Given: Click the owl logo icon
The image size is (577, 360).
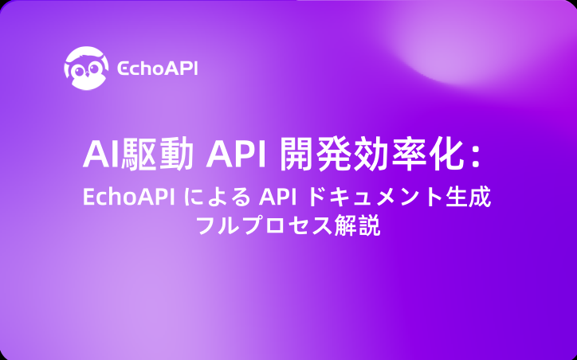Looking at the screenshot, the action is pos(86,68).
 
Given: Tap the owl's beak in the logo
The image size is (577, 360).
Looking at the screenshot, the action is pos(87,74).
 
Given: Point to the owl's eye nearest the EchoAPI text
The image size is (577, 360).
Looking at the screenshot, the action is pos(96,68).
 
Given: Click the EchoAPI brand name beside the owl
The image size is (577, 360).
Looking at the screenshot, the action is pos(158,68).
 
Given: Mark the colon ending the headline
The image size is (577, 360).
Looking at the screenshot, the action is pos(476,158).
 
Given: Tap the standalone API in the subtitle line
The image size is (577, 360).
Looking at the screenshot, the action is pos(278,198).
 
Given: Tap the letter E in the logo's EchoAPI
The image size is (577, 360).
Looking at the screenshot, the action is pos(123,68).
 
